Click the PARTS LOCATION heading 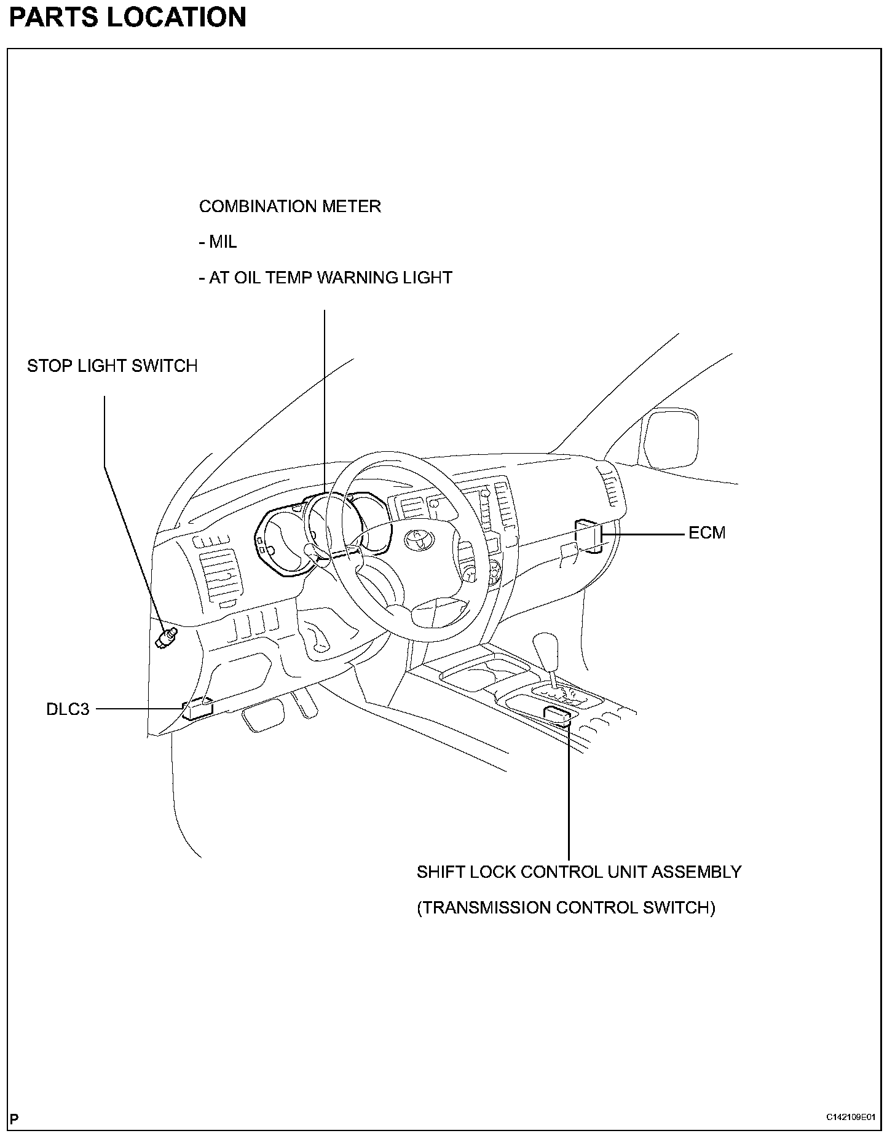click(127, 17)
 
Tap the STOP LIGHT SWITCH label click(112, 366)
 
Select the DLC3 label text click(68, 709)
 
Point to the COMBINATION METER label click(290, 207)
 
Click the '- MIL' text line click(218, 242)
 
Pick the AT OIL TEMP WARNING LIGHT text click(326, 278)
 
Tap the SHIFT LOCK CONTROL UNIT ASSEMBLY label click(579, 872)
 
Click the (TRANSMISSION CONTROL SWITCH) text click(566, 908)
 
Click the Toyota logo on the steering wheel click(419, 539)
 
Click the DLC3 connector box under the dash click(197, 709)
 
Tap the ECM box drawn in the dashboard click(588, 535)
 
